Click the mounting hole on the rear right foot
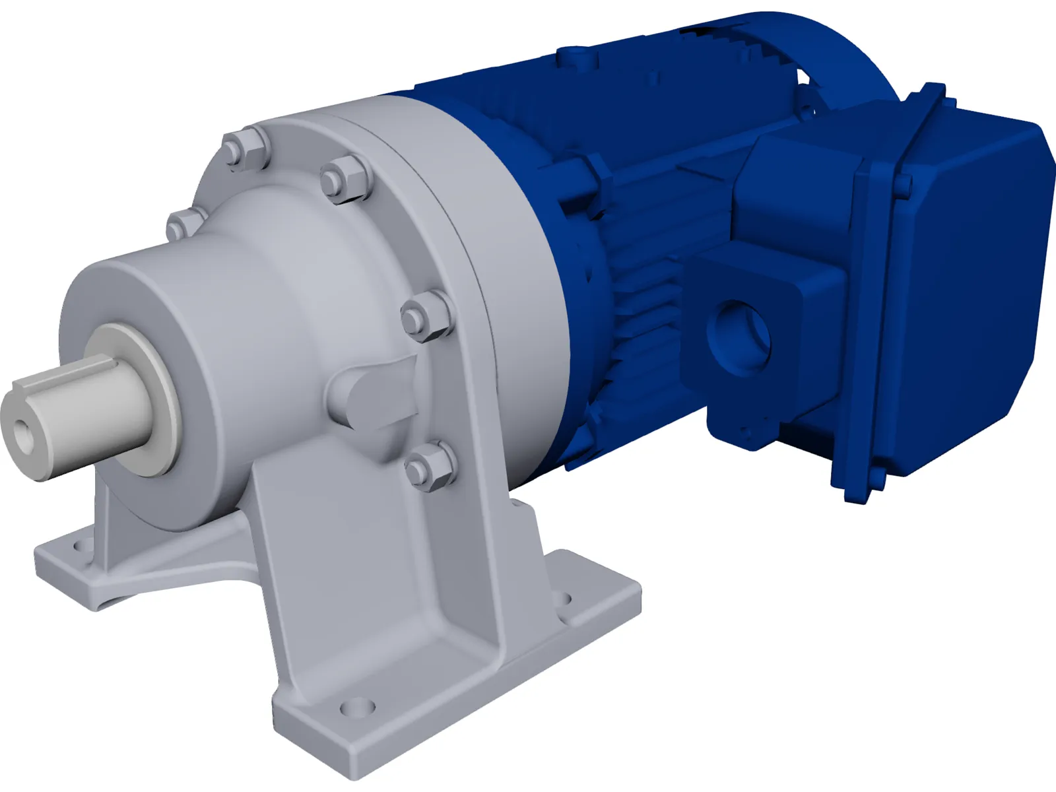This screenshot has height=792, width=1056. point(563,600)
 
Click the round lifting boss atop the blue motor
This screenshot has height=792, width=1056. point(573,52)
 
